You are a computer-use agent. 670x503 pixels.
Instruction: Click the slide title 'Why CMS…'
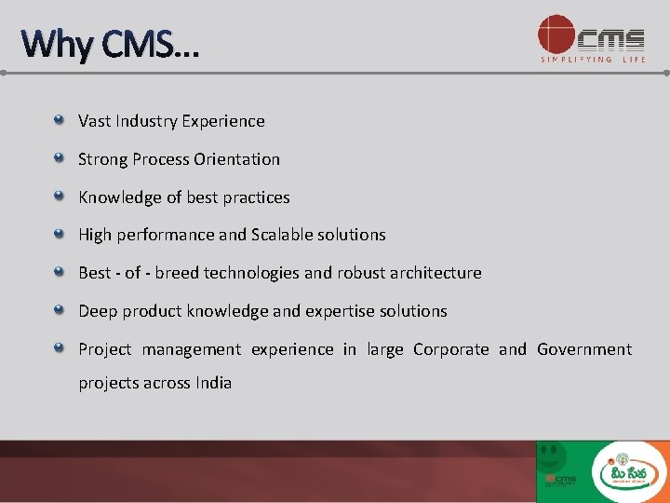pos(110,43)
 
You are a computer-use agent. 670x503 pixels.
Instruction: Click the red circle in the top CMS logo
pos(556,34)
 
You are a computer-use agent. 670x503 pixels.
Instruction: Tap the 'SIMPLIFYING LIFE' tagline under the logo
pos(593,60)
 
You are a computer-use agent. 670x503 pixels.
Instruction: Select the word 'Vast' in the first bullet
pos(94,121)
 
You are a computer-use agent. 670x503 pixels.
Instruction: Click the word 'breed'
pos(177,273)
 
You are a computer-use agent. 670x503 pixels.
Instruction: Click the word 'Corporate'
pos(450,349)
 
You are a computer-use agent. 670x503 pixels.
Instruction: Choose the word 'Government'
pos(584,349)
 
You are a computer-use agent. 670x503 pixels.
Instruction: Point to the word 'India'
pos(213,383)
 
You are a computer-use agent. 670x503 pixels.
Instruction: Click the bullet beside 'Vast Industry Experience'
pos(59,120)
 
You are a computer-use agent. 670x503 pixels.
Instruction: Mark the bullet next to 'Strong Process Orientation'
pos(59,158)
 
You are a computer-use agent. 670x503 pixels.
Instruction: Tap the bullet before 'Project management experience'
pos(59,348)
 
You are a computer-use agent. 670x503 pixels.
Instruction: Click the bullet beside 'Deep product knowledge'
pos(59,310)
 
